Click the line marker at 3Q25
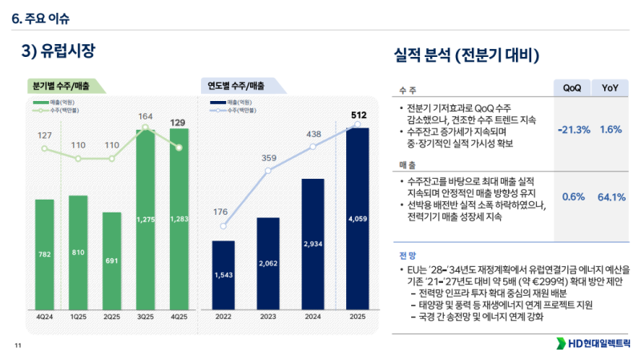[145, 127]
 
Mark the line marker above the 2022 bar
[224, 226]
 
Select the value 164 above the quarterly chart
[145, 116]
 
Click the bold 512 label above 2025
[358, 115]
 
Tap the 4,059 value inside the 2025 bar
[357, 217]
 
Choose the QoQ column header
[572, 87]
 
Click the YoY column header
[611, 87]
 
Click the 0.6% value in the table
[574, 196]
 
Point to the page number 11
[17, 346]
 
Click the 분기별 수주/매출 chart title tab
[61, 85]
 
